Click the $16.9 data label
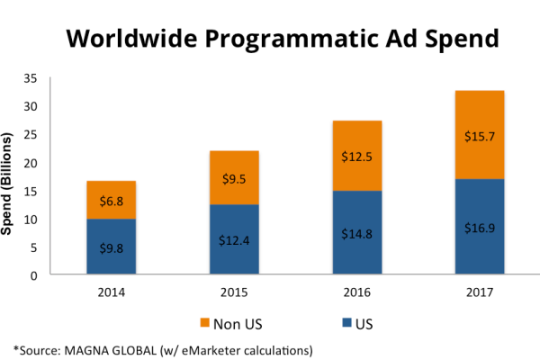tap(479, 228)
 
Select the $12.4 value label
tap(234, 240)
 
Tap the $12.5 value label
tap(357, 157)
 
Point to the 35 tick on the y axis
tap(57, 79)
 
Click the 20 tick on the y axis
tap(57, 163)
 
